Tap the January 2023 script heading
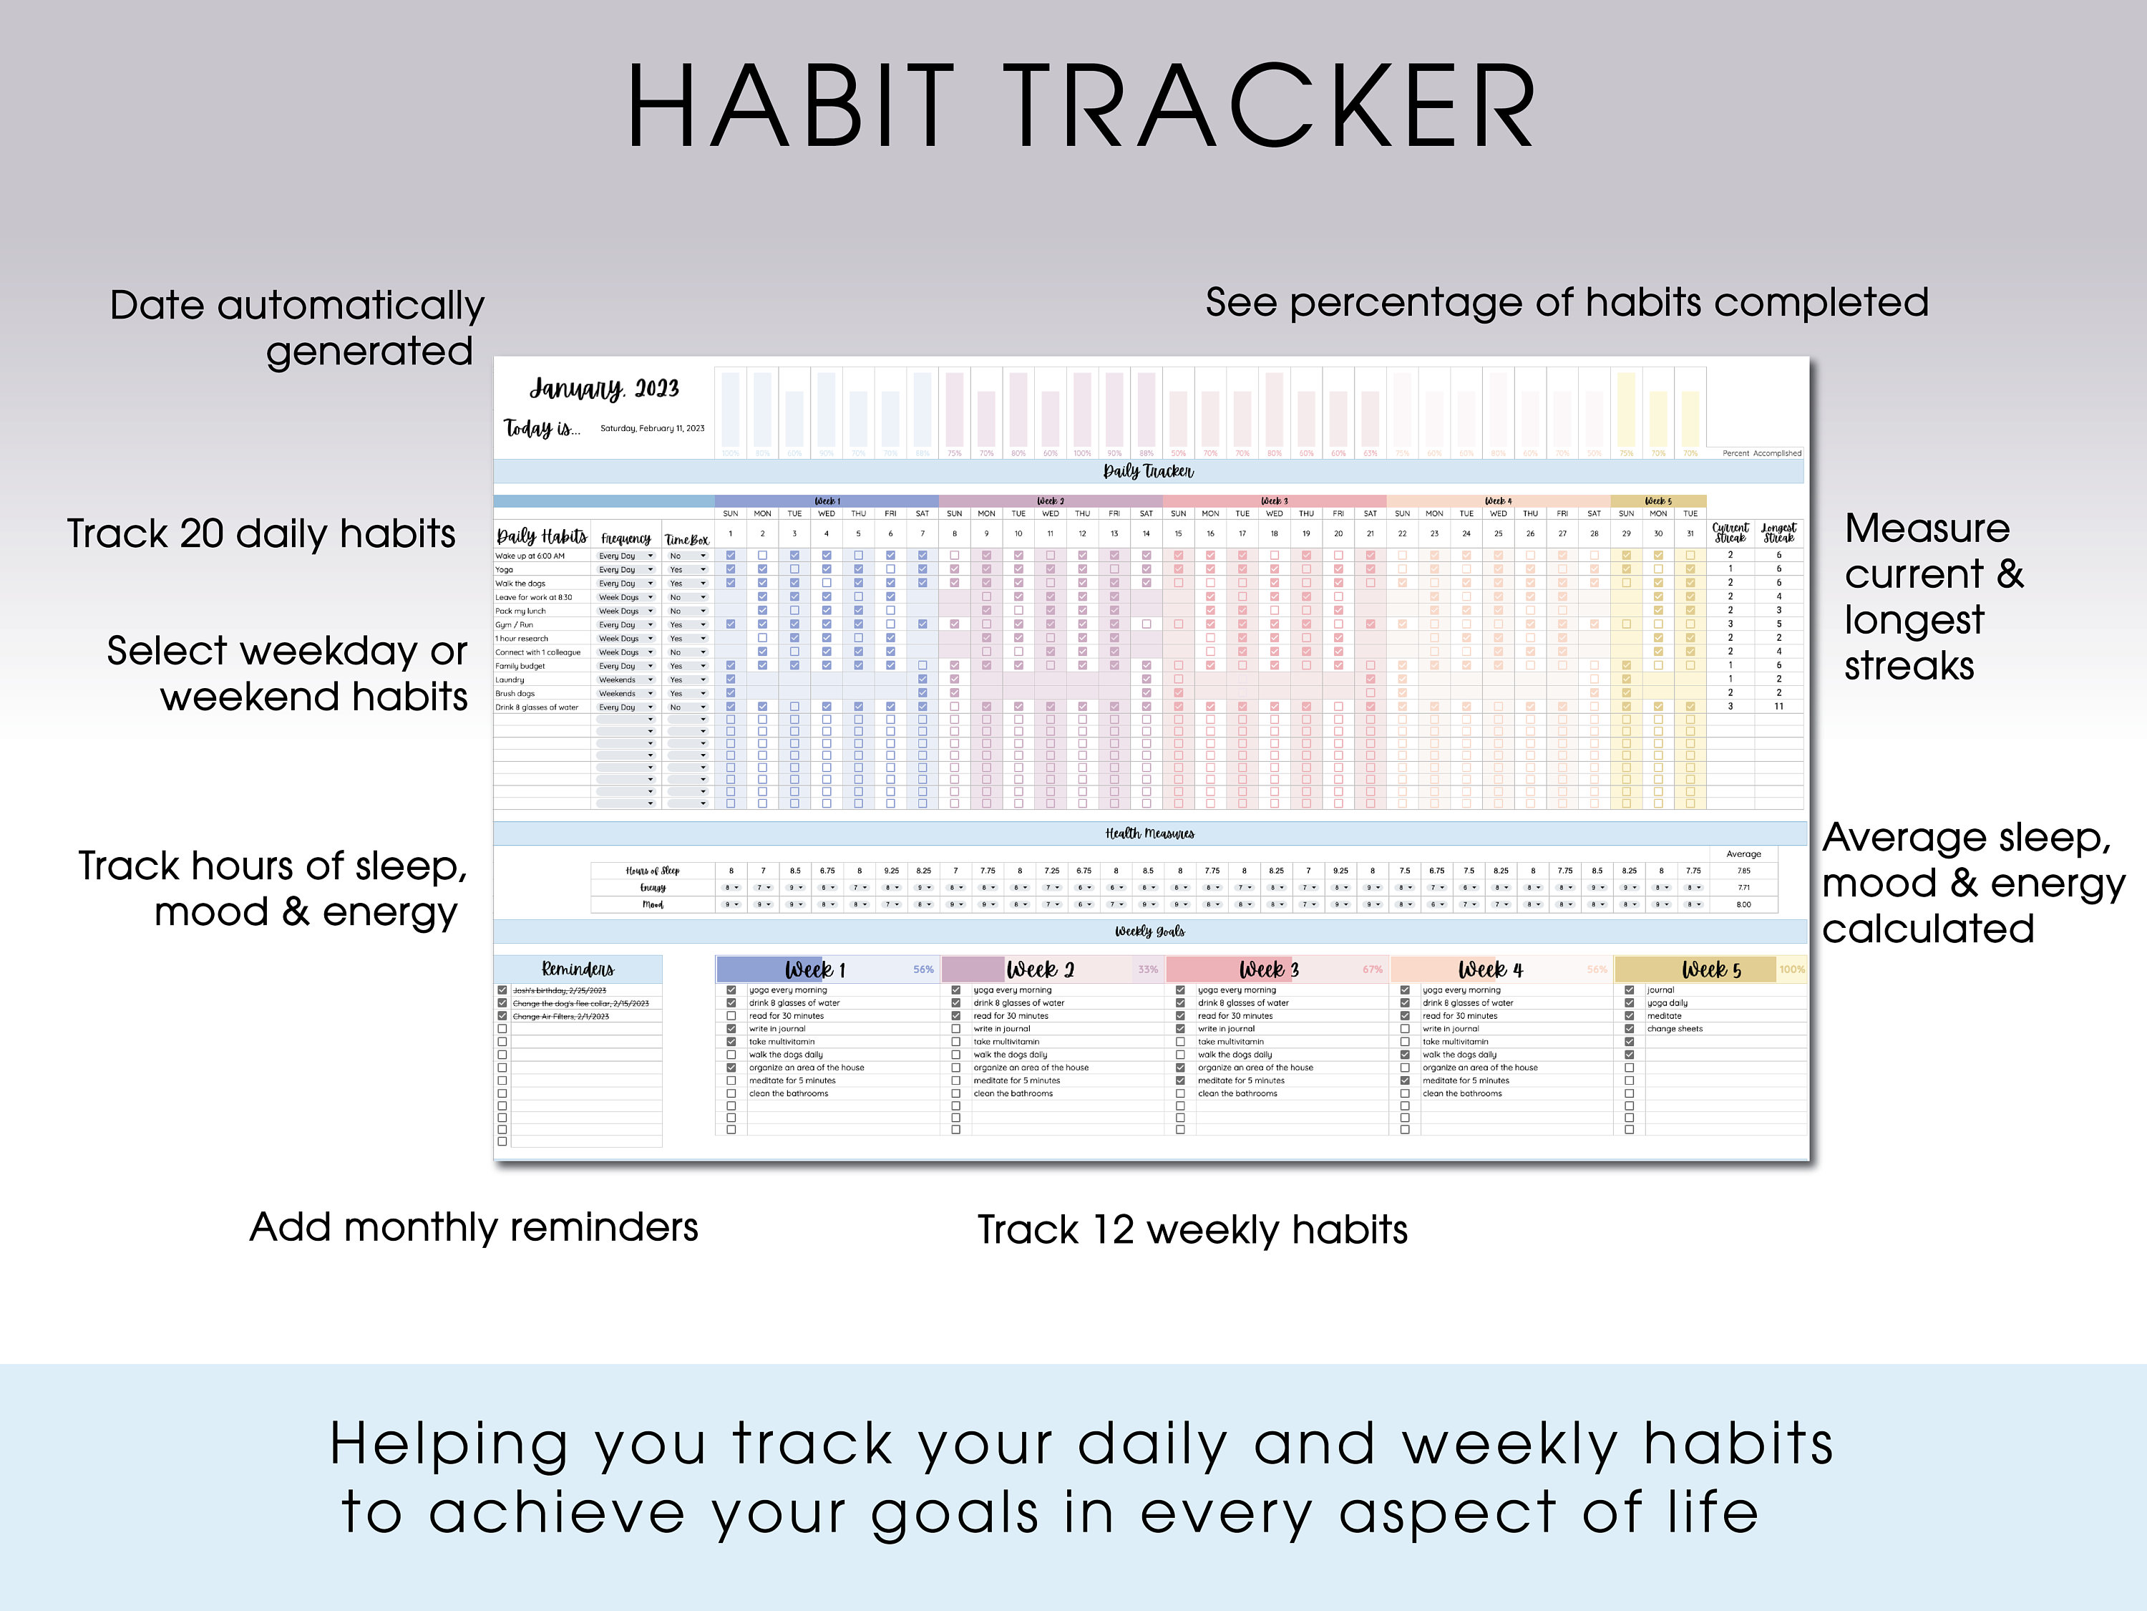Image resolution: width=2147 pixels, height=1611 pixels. (x=604, y=388)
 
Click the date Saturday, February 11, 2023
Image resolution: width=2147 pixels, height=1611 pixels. (x=652, y=428)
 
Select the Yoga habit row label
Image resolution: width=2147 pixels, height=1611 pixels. (x=505, y=570)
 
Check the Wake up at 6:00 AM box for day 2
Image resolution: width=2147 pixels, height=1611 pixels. (x=762, y=556)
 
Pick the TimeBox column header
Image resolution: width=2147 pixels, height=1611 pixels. (x=686, y=539)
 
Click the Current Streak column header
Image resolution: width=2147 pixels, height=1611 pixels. (x=1730, y=533)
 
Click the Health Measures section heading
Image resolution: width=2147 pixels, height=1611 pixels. (x=1149, y=833)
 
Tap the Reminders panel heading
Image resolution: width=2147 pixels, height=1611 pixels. (x=578, y=969)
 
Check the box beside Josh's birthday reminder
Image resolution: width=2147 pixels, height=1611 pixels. (x=502, y=990)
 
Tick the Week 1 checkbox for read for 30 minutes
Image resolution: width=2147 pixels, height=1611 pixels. (x=731, y=1016)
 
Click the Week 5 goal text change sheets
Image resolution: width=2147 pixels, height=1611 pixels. (x=1675, y=1028)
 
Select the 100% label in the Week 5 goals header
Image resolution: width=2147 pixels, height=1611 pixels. (x=1792, y=969)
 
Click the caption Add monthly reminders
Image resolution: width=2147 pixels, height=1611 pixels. (x=474, y=1227)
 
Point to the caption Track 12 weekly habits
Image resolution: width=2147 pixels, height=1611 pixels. (x=1192, y=1230)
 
